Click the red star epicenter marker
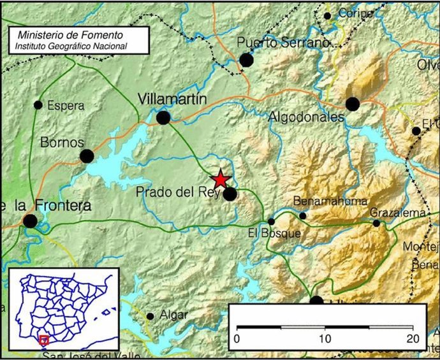220,179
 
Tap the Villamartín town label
172,99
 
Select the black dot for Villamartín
164,117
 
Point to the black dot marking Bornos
87,155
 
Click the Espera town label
66,106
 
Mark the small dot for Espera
38,104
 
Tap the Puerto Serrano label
282,43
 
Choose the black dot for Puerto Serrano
246,60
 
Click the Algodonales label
306,117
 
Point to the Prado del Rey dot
230,194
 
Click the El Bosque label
274,234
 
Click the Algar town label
174,315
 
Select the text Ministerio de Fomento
71,35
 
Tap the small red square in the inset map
44,340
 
